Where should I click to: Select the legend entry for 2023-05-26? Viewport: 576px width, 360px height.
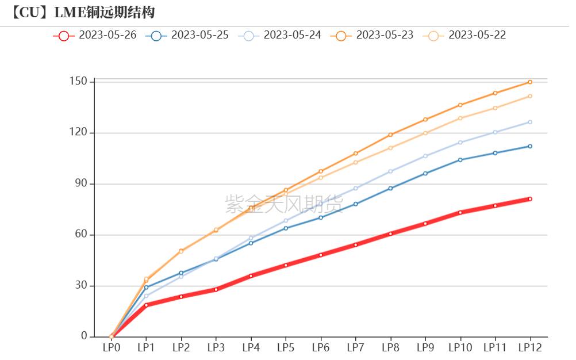[95, 35]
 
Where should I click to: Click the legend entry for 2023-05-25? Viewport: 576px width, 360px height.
[187, 35]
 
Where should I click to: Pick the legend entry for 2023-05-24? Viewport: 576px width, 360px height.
[280, 35]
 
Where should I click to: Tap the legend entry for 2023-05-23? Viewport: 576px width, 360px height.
[372, 35]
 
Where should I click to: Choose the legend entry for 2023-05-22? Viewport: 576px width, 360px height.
[464, 35]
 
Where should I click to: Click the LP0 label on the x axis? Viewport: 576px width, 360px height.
[112, 348]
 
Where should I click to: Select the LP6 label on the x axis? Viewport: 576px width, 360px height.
[321, 348]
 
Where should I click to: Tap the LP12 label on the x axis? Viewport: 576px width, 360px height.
[530, 348]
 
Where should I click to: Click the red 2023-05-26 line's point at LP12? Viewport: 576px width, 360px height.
[530, 199]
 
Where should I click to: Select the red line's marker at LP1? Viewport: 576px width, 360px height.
[147, 305]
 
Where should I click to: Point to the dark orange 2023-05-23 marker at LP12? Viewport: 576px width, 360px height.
[530, 82]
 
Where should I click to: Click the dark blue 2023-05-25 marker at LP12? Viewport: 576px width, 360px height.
[530, 146]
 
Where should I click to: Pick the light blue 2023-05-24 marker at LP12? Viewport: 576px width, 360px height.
[530, 122]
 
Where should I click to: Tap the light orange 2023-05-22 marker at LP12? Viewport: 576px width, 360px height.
[530, 96]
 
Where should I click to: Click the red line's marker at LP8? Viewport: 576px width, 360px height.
[390, 234]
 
